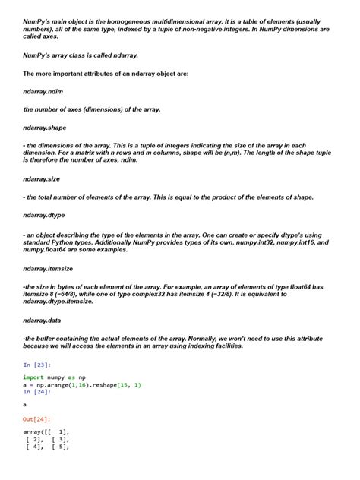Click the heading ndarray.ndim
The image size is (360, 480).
(43, 91)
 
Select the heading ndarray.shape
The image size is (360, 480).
(45, 128)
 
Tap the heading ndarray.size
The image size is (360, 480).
(43, 179)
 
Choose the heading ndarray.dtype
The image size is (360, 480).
(44, 215)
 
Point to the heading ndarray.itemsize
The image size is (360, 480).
(48, 268)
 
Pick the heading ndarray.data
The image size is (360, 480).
(43, 321)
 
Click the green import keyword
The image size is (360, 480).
(33, 377)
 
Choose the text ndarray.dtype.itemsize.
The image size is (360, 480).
(58, 302)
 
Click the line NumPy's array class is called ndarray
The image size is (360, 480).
(80, 55)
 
